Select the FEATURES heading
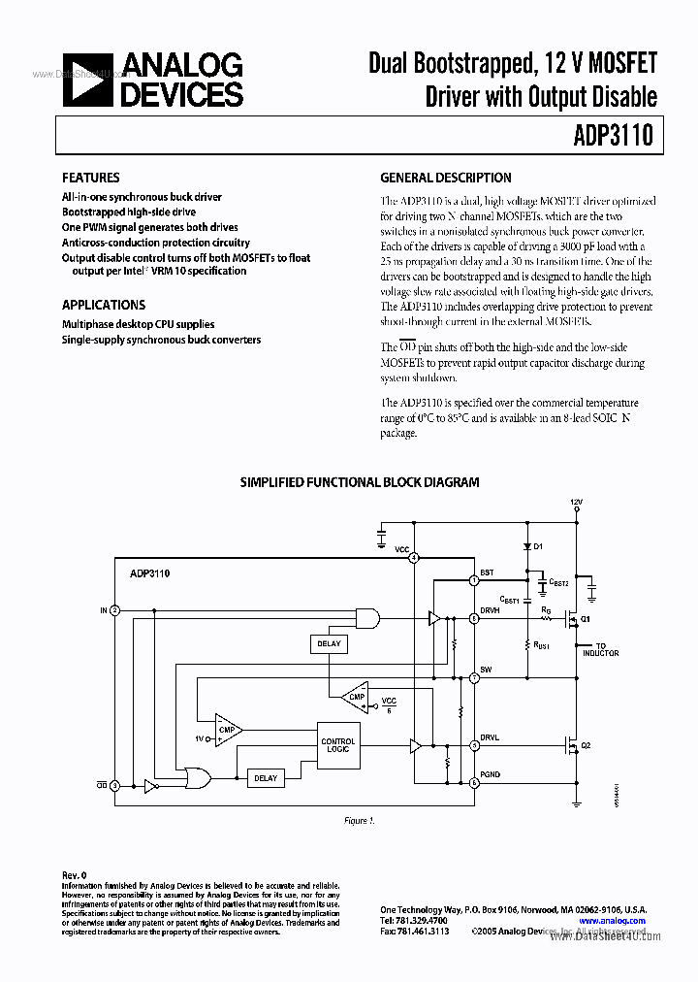tap(90, 179)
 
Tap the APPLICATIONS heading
tap(104, 305)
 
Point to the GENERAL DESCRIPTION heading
tap(446, 179)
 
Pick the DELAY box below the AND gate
tap(329, 643)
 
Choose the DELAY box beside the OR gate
tap(265, 777)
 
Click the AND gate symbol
tap(367, 617)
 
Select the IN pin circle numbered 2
tap(115, 610)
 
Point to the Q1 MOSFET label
tap(585, 618)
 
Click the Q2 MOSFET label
tap(585, 746)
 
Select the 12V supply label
tap(577, 503)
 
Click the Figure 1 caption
tap(359, 821)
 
